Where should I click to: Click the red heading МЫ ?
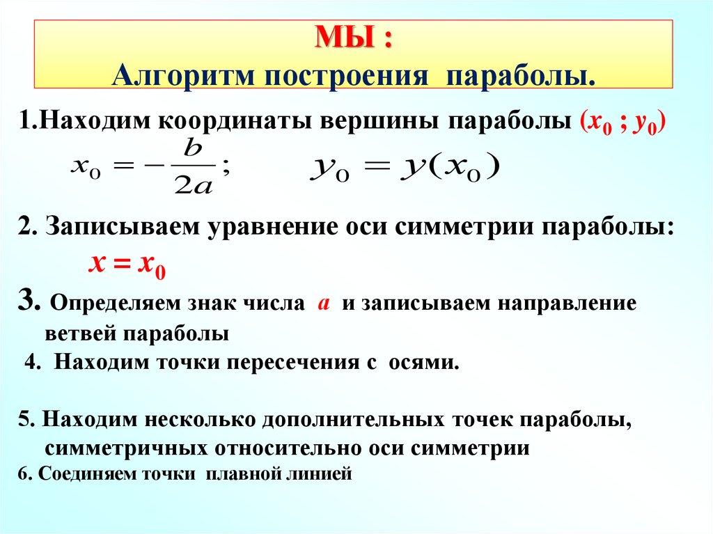354,38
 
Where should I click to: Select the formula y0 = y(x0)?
403,168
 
